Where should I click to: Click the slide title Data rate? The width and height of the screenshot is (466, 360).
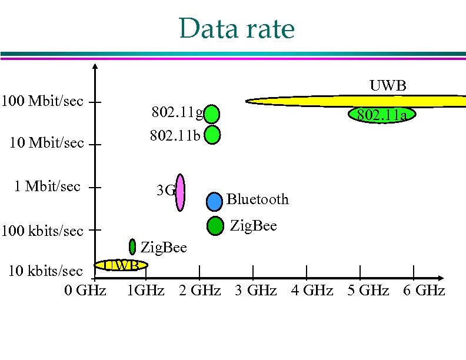click(x=237, y=28)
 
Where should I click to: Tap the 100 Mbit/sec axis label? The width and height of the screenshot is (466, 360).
click(x=42, y=101)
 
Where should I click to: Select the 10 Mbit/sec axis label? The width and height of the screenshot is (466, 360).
click(x=45, y=143)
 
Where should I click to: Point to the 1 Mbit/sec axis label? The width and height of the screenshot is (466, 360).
click(x=47, y=186)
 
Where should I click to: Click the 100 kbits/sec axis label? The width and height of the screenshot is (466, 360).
click(x=42, y=231)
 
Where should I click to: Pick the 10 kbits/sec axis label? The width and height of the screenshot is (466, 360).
click(x=44, y=271)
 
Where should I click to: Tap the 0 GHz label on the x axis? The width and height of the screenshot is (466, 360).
click(x=86, y=290)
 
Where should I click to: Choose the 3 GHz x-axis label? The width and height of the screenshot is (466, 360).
click(x=255, y=290)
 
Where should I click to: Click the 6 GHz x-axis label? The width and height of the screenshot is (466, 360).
click(x=424, y=290)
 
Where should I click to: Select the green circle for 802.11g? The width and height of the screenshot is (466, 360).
click(x=212, y=114)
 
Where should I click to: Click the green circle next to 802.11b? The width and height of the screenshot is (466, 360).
click(x=212, y=135)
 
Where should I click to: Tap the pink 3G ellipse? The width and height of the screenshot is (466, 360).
click(x=181, y=191)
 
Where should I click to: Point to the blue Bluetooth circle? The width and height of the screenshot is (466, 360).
click(x=215, y=201)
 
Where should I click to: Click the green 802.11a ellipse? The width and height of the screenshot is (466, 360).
click(x=380, y=115)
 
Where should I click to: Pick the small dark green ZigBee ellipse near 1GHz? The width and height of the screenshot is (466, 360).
click(x=133, y=246)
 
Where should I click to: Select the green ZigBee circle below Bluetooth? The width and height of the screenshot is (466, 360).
click(x=216, y=225)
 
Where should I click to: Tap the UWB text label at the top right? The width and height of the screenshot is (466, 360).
click(x=388, y=86)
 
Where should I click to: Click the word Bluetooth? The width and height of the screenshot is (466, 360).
click(x=258, y=199)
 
